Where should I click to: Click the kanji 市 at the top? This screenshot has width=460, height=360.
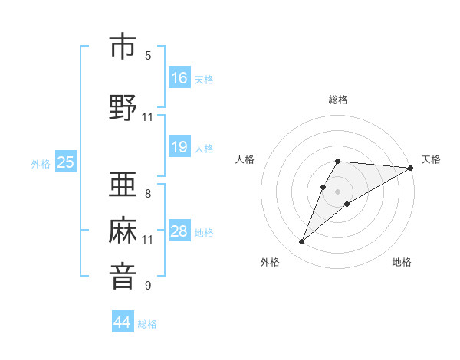click(x=123, y=47)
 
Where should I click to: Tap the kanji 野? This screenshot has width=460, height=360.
click(x=123, y=108)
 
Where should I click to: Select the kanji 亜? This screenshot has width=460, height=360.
click(x=123, y=185)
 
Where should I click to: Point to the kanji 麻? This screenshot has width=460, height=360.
click(x=123, y=231)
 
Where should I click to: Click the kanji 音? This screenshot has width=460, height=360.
click(x=123, y=277)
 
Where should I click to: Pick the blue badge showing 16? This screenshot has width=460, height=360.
click(x=179, y=78)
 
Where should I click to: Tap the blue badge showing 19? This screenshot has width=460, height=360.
click(x=179, y=147)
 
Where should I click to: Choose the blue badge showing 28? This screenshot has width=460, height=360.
click(x=179, y=231)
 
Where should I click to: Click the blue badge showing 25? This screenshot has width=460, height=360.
click(x=66, y=162)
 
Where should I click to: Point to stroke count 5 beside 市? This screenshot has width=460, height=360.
click(x=148, y=56)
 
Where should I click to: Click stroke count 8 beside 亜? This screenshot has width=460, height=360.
click(x=148, y=194)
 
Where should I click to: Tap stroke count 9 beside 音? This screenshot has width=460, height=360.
click(x=148, y=286)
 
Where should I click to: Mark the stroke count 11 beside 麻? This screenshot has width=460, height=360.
click(x=148, y=240)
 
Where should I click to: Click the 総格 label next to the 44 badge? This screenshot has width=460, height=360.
click(x=147, y=324)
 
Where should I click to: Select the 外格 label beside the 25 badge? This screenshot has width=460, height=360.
click(x=41, y=163)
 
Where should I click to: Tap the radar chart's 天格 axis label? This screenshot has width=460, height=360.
click(x=431, y=159)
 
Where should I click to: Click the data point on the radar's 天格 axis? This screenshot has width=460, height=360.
click(x=411, y=168)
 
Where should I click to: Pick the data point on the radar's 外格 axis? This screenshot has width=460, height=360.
click(x=302, y=242)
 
